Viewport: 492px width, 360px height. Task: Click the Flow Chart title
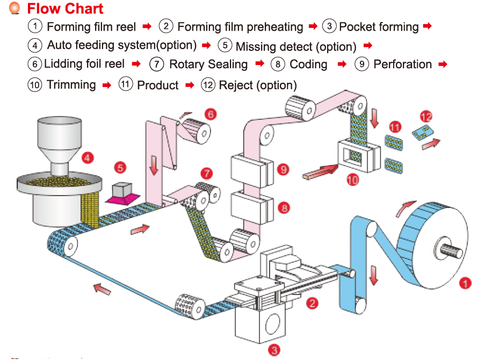65,9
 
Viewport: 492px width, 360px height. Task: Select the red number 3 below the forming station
274,350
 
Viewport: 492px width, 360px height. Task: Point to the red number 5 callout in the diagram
121,168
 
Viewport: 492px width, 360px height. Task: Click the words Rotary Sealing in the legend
208,64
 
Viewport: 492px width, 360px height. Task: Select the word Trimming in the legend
71,85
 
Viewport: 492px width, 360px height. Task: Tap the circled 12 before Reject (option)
208,85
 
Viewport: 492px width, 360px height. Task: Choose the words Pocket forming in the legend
379,27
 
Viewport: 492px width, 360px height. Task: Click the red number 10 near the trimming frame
353,179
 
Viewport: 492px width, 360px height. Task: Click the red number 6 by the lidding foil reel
211,114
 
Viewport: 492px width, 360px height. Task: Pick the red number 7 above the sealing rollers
207,173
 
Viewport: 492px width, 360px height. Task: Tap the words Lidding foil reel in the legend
84,64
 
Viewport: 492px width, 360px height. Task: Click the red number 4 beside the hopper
88,158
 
